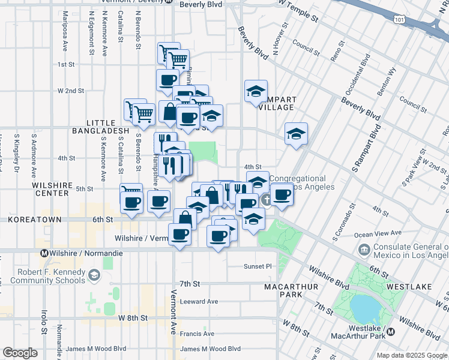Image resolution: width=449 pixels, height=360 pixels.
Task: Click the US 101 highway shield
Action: tap(399, 20)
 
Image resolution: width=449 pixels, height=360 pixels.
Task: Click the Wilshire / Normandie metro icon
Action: tap(44, 253)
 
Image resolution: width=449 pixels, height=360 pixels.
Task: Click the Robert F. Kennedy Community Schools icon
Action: tap(94, 275)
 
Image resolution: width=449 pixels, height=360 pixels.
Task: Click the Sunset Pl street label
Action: tap(258, 266)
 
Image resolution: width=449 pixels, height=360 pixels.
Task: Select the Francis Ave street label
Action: tap(197, 334)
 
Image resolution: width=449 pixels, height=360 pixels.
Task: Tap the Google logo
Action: tap(20, 353)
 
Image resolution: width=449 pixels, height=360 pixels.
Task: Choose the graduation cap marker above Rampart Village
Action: tap(256, 92)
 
